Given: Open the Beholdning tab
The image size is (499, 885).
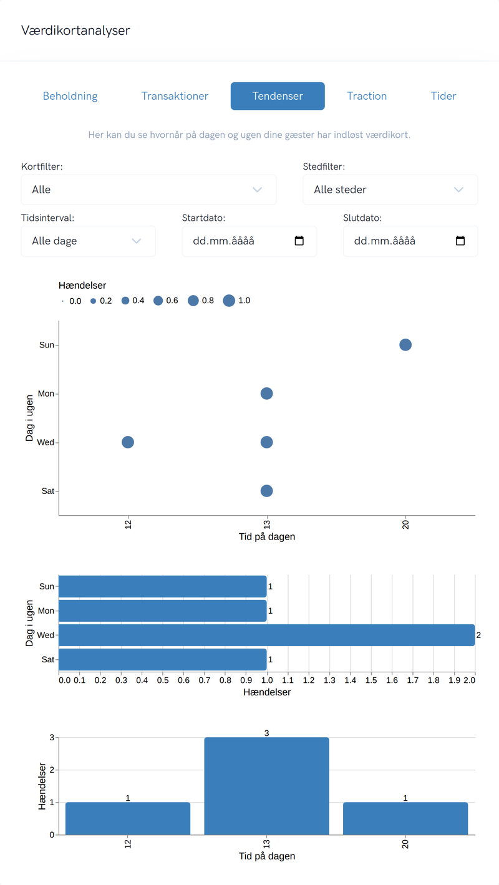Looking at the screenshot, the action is pos(70,96).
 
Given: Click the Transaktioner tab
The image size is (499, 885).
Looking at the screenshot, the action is pos(175,96).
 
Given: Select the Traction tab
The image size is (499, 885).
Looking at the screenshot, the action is pos(367,96).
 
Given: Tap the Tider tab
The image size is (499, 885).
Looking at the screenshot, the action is pos(443,96).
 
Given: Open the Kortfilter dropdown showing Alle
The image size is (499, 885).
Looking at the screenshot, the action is pos(148,190).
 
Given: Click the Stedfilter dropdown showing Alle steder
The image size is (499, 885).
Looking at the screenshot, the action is pos(390,190).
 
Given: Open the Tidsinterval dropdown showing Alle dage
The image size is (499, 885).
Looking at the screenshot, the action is pos(88,241).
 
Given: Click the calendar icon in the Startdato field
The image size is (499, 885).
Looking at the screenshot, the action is pos(299,241).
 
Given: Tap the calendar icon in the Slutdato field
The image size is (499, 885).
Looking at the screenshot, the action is pos(460,241).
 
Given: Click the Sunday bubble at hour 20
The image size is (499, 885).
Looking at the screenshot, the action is pos(405,345).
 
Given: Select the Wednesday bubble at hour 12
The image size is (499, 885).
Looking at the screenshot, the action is pos(128,442).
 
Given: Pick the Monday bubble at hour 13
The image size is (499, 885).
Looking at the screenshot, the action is pos(267,394).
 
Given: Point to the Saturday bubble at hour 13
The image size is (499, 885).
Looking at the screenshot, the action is pos(267,491).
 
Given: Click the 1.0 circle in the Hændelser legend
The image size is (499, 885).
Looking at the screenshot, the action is pos(229,301).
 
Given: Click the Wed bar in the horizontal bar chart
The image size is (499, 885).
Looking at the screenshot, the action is pos(267,636).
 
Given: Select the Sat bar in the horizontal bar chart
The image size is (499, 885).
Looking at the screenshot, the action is pos(163,659).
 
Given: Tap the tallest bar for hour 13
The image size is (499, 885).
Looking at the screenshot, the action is pos(267,786).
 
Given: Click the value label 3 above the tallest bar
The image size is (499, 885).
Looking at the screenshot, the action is pos(267,733).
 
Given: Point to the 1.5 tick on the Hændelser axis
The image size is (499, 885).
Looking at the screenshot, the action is pos(371,680).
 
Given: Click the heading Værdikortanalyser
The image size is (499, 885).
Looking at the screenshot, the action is pos(75,31).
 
